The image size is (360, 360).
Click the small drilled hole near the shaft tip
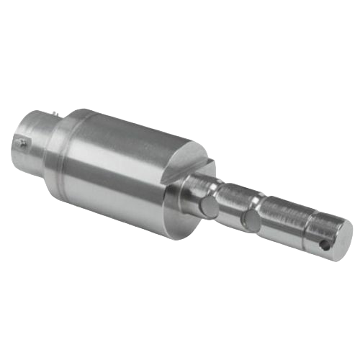tap(325, 245)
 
